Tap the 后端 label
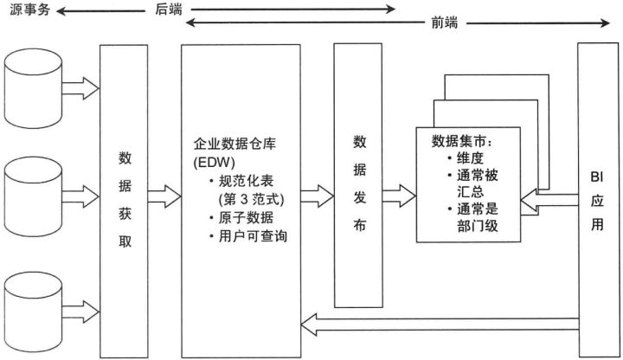(167, 8)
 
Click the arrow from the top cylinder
(81, 85)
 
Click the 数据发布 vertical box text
(358, 183)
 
